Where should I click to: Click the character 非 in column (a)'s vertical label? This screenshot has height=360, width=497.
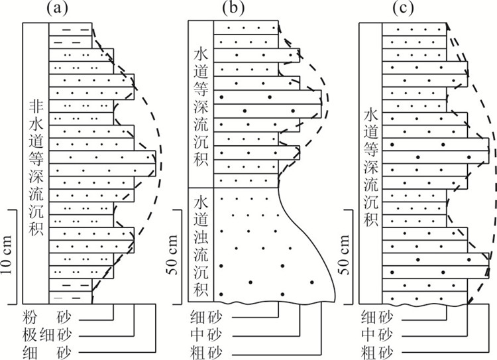coord(35,106)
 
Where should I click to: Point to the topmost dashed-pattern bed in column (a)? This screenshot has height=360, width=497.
coord(70,30)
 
